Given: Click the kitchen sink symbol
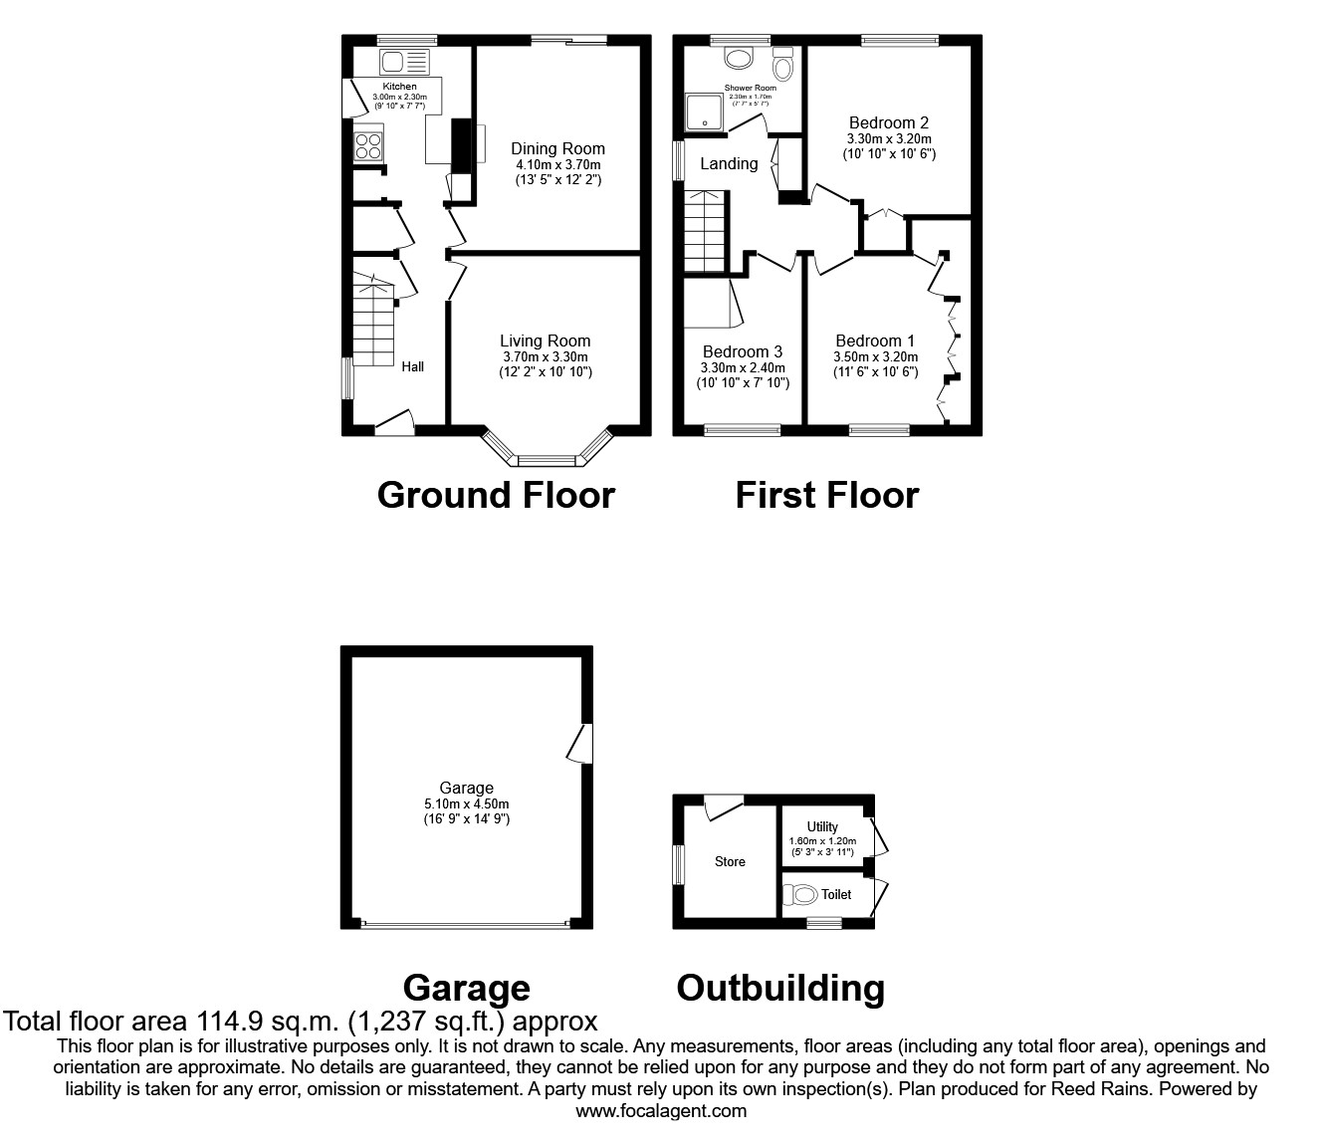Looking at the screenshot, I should coord(402,62).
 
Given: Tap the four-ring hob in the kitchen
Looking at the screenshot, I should coord(367,146).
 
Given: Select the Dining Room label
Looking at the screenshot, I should coord(557,149).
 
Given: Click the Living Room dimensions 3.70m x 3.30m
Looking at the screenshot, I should coord(545,356).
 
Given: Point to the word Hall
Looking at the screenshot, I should coord(413,366).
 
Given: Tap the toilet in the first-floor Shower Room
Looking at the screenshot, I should coord(783,66).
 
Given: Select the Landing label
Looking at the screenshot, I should coord(729,163).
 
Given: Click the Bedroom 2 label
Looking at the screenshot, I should coord(889,123).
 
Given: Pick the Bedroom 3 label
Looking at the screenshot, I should coord(742,351).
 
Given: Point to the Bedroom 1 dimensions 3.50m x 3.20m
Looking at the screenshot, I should coord(875,356).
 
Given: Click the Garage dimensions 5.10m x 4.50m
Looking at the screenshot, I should coord(466,804).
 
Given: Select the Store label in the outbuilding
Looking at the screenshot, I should coord(730,862).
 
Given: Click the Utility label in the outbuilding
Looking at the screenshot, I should coord(822,826).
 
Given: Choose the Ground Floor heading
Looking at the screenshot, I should coord(496,495).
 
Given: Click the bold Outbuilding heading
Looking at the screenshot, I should coord(780,988).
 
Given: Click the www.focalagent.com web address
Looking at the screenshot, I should coord(661,1111).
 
